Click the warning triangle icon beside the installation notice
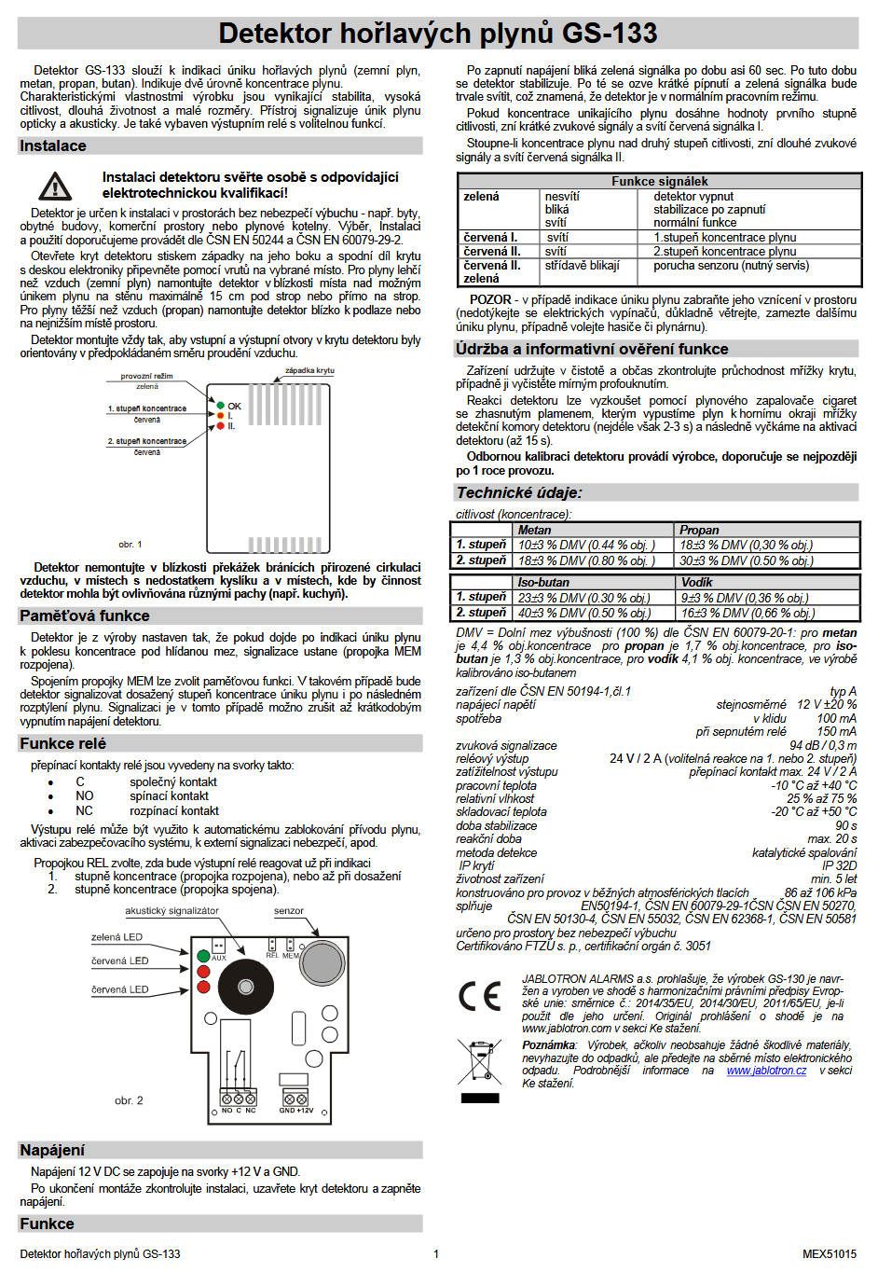(x=55, y=187)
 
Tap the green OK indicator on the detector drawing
(x=221, y=406)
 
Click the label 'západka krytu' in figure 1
(x=309, y=371)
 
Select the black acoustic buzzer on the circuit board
(x=247, y=987)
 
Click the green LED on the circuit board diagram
(x=203, y=956)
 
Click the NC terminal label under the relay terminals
(x=251, y=1111)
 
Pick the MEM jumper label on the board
(x=291, y=956)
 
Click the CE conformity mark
(x=480, y=996)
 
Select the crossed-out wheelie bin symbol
(x=479, y=1063)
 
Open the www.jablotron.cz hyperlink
(x=766, y=1071)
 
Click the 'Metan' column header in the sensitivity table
(x=535, y=530)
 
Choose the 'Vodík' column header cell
(x=696, y=582)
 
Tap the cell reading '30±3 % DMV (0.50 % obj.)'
(x=747, y=560)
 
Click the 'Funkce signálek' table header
(x=659, y=181)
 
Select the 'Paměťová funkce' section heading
(x=85, y=615)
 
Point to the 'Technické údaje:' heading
(x=519, y=492)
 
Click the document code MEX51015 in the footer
(x=829, y=1253)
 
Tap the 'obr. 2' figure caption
(x=129, y=1100)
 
